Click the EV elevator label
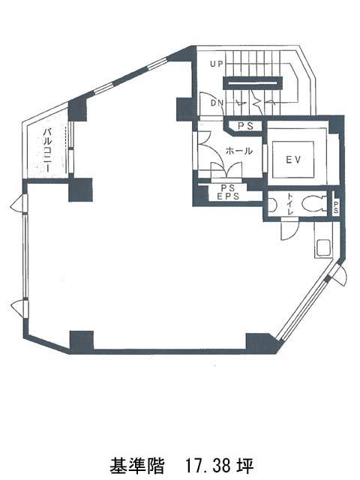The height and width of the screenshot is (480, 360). [x=293, y=160]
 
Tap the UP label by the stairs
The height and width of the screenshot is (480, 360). [x=217, y=64]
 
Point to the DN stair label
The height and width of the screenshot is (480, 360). [x=217, y=103]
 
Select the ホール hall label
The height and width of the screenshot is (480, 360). [x=239, y=151]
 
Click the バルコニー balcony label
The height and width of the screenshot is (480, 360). [x=47, y=150]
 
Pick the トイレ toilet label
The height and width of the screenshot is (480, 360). [x=290, y=204]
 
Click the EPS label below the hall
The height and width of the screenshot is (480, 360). [x=228, y=196]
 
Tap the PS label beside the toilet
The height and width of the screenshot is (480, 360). [x=335, y=207]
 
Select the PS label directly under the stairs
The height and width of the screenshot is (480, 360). [x=246, y=126]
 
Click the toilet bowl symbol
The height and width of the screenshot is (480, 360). [x=313, y=203]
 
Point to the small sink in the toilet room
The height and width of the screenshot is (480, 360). [x=273, y=205]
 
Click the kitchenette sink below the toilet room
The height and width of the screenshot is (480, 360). [x=322, y=248]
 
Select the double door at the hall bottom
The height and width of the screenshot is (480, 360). [x=226, y=170]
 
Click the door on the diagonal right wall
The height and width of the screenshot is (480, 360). [x=339, y=275]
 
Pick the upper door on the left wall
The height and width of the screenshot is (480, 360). [x=18, y=202]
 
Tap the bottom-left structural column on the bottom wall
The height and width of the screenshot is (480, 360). [x=82, y=342]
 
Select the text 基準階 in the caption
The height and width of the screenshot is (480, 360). [x=136, y=465]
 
